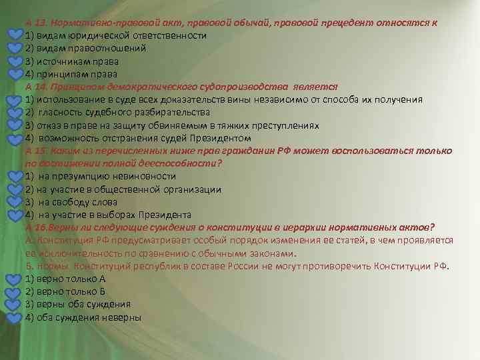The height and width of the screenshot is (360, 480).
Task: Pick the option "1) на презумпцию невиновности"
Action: click(x=100, y=176)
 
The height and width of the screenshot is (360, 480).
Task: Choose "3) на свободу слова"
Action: click(x=73, y=202)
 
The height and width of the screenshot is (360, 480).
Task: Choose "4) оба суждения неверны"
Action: click(x=83, y=317)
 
